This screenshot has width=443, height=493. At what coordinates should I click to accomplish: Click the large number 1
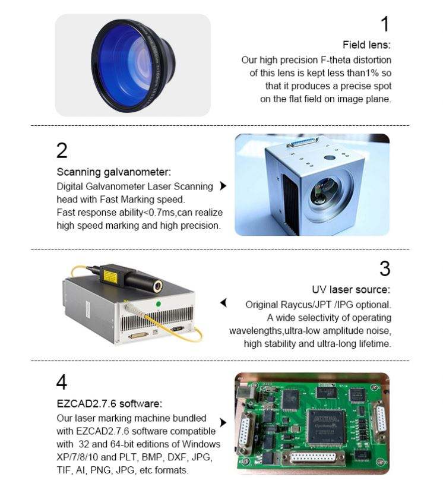coord(385,24)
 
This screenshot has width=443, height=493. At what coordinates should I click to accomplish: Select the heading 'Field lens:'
coord(367,45)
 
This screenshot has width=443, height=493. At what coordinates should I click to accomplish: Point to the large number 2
coord(62,151)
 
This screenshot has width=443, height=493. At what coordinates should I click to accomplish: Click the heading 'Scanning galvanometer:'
coord(113,172)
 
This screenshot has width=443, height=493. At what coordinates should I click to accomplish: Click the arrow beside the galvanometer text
coord(223,186)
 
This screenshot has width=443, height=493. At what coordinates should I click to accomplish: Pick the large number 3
coord(385,269)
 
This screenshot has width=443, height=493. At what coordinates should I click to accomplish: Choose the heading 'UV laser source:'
coord(351,290)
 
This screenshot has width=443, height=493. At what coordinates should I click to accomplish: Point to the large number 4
coord(62,381)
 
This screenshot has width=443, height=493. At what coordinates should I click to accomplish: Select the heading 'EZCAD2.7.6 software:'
coord(108,403)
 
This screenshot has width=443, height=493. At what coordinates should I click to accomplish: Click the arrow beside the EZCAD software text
coord(223,422)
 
